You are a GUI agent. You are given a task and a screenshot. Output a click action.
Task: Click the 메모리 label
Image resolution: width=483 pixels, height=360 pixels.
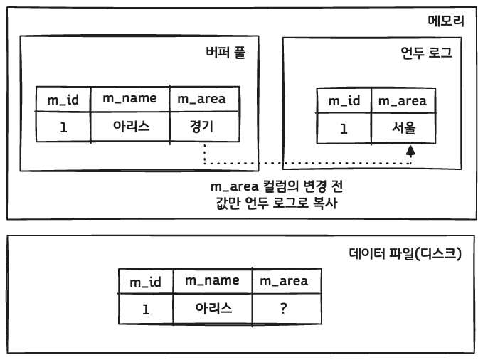tap(446, 21)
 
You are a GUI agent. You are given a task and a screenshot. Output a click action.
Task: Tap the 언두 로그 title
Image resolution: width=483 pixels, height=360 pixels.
tap(426, 53)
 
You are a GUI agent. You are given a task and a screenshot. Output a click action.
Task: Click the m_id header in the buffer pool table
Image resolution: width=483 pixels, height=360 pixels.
tap(63, 100)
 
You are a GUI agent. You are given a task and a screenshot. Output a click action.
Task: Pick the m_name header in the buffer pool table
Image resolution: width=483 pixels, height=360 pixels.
tap(129, 99)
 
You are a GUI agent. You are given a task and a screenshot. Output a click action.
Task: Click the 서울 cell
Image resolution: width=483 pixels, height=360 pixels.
tap(403, 128)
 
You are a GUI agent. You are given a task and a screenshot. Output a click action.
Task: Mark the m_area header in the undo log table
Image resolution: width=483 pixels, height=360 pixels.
tap(403, 101)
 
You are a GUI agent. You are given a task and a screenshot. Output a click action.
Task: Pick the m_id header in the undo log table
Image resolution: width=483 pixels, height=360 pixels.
tap(344, 101)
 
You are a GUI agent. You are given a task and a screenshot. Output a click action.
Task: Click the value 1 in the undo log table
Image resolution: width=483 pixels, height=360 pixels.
tap(344, 129)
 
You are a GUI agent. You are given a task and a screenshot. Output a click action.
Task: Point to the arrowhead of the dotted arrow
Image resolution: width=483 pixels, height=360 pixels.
tap(410, 151)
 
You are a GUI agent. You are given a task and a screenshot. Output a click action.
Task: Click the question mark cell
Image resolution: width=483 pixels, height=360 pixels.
tap(284, 309)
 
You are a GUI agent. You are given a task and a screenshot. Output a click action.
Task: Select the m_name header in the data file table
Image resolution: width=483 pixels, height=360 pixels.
tap(212, 281)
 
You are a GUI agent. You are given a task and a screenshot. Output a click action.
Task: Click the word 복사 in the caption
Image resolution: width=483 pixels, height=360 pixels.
tap(324, 204)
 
